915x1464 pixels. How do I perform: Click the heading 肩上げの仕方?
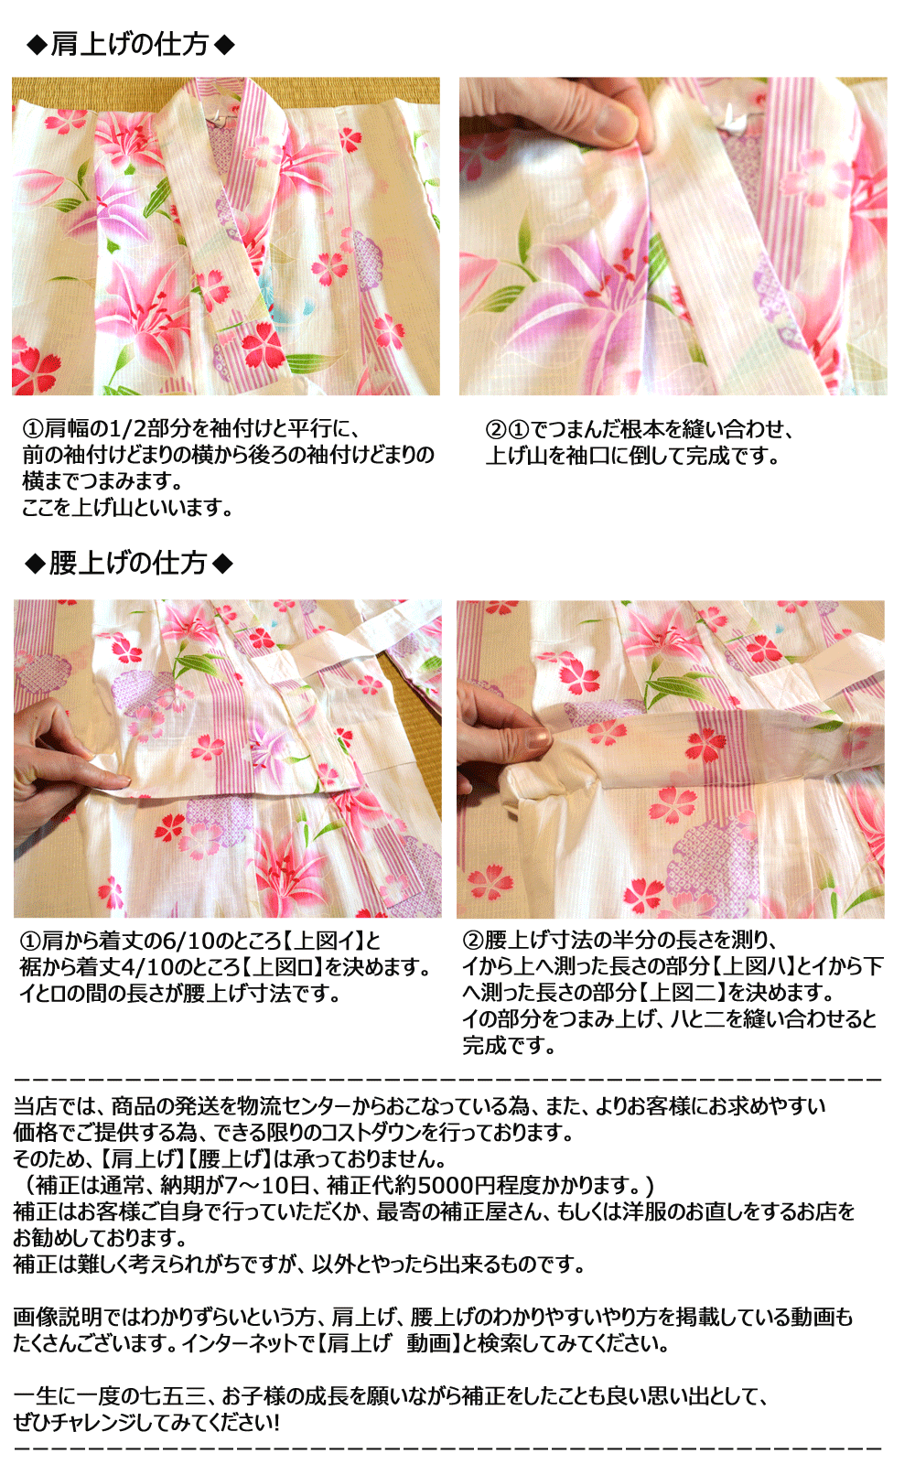coord(130,44)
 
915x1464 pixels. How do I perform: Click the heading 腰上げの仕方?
coord(128,563)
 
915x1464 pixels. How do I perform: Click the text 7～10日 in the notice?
coord(267,1186)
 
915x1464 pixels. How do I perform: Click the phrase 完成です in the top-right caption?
coord(731,456)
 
